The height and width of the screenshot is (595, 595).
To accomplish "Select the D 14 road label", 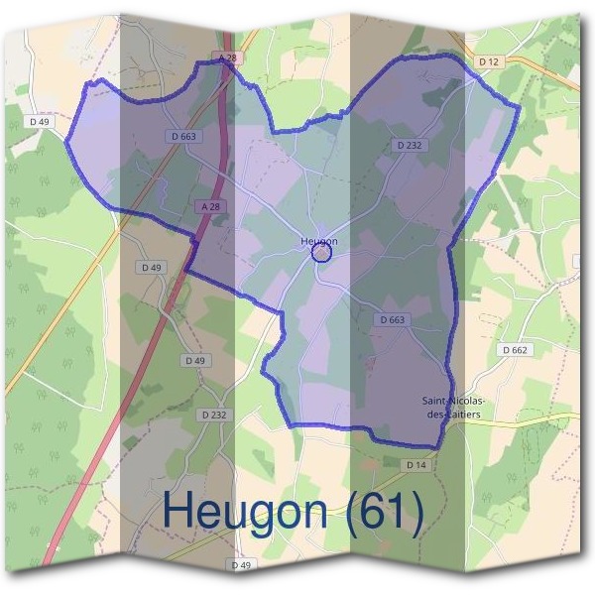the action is point(416,465).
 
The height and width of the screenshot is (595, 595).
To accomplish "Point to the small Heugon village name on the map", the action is point(319,241).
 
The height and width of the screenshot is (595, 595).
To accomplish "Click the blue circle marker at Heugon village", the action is point(320,253).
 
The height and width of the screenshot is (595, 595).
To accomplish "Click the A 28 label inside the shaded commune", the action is point(209,206).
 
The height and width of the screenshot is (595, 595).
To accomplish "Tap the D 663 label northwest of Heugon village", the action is point(182,136).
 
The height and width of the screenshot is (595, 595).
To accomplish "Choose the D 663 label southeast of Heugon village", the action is point(393,319).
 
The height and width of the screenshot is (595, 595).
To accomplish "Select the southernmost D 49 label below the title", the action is point(241,565).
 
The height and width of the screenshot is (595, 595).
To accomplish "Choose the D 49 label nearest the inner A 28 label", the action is point(152,268).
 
